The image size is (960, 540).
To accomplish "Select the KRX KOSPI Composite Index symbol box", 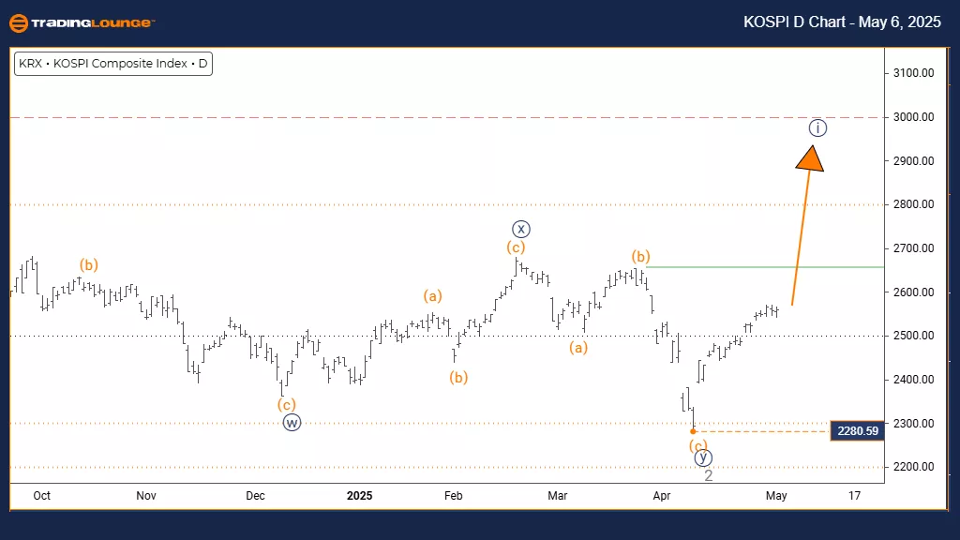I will [x=112, y=65].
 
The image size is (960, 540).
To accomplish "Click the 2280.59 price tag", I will [x=857, y=431].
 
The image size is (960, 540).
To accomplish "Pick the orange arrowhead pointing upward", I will [x=810, y=155].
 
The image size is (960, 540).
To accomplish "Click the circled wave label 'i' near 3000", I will [x=817, y=127].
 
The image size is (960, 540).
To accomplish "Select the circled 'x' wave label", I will [x=521, y=228].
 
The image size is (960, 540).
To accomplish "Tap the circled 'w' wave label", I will [x=292, y=422].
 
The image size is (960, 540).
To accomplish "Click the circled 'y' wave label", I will [x=703, y=457].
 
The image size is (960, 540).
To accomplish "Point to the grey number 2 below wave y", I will [x=709, y=475].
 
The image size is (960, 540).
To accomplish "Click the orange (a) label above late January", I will [x=432, y=296].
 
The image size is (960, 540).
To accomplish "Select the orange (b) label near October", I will [x=89, y=264].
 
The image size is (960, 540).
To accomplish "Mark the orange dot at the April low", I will [x=693, y=431].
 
